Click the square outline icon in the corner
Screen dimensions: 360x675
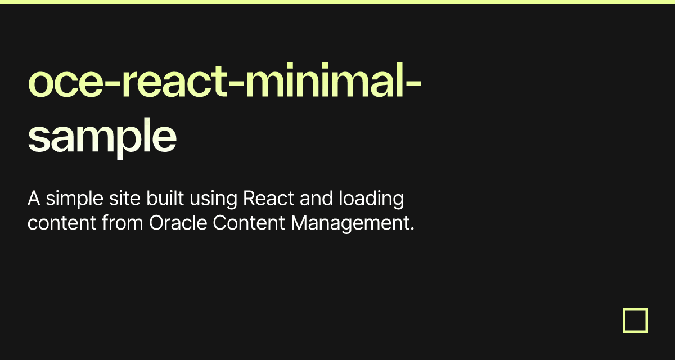coord(635,320)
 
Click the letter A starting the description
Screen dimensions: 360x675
coord(33,199)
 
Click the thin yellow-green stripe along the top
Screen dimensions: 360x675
coord(337,2)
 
